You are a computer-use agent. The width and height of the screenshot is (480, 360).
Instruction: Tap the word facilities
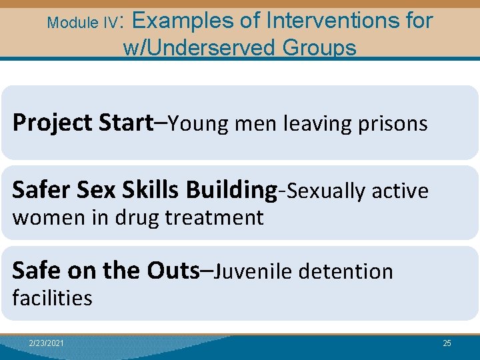coord(52,297)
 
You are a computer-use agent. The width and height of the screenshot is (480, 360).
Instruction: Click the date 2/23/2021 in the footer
coord(47,343)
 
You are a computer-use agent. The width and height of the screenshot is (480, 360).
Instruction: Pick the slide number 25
coord(447,343)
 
